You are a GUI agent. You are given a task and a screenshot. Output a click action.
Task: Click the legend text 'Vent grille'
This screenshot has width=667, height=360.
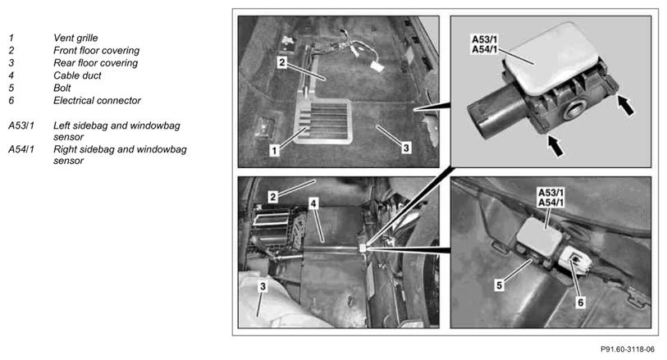tap(75, 38)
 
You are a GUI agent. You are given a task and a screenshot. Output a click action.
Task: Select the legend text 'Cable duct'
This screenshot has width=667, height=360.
tap(77, 75)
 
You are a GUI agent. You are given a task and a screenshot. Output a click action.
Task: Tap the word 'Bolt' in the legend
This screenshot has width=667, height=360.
tap(62, 88)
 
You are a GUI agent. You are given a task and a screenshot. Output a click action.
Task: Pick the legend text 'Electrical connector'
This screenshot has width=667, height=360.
tap(97, 100)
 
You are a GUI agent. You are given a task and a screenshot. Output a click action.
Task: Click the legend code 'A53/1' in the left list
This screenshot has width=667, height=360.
tap(21, 125)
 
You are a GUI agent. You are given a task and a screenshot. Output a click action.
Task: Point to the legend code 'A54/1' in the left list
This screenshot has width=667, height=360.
tap(21, 149)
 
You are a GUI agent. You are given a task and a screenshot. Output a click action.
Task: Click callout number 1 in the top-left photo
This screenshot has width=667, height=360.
tap(274, 150)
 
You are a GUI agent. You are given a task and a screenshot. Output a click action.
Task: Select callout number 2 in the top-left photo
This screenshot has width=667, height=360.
tap(282, 63)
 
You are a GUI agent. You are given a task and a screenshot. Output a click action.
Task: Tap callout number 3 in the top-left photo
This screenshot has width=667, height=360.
tap(406, 148)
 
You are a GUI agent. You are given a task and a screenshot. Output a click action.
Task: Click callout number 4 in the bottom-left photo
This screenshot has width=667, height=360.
tap(313, 203)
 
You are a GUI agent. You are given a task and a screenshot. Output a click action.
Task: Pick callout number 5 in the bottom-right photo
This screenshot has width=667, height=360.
tap(500, 285)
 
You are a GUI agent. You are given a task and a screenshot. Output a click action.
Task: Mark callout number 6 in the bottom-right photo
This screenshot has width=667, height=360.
tap(581, 303)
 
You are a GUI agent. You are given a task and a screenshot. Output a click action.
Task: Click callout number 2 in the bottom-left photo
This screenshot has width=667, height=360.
tap(273, 197)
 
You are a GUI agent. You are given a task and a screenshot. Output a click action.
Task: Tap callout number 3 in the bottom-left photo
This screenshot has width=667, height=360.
tap(263, 286)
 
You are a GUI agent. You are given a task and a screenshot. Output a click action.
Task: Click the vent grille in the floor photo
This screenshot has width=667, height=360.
tap(323, 121)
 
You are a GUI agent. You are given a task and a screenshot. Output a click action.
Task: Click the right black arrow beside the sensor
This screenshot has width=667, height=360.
tap(625, 106)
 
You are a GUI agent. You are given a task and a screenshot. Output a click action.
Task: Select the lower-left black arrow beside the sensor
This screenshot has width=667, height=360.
tap(555, 145)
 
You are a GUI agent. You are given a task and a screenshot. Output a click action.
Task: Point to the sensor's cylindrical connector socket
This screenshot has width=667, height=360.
tap(495, 111)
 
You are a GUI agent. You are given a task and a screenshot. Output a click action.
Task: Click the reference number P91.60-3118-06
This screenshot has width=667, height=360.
tap(628, 349)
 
